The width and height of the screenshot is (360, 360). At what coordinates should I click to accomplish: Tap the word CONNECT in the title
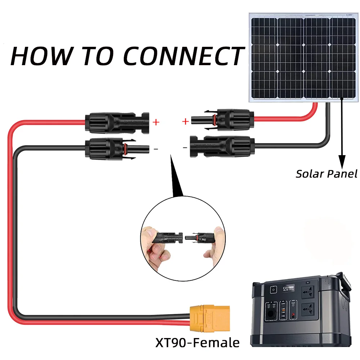click(x=183, y=55)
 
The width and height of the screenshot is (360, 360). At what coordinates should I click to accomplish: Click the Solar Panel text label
click(x=327, y=174)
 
